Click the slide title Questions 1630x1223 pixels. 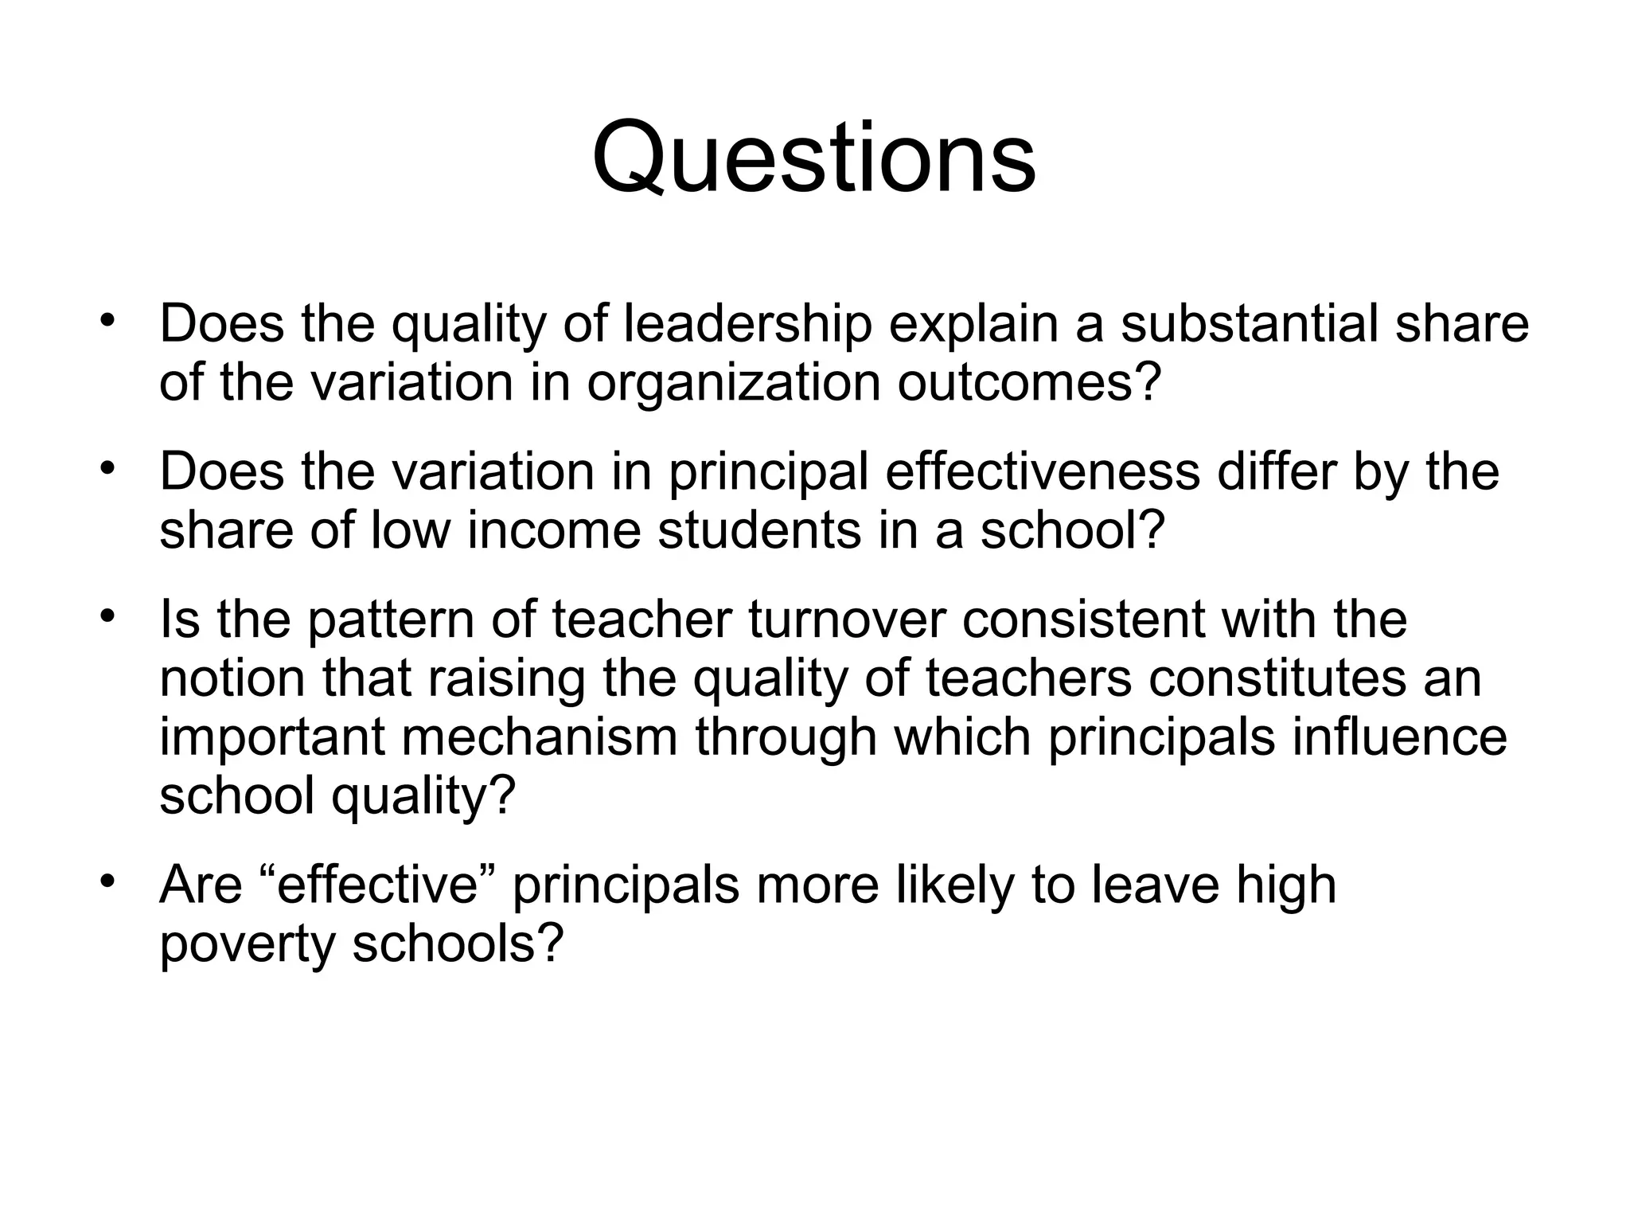coord(813,158)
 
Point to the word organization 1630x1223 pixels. coord(733,383)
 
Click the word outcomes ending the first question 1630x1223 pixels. coord(1030,383)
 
